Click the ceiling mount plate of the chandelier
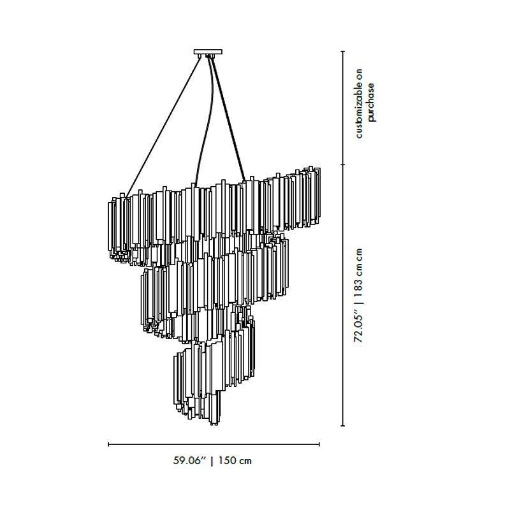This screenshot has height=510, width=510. [208, 52]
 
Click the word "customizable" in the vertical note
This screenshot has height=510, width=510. [359, 103]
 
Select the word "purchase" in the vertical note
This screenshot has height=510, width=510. [371, 102]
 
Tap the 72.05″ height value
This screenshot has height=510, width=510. [358, 328]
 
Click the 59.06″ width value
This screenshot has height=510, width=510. [190, 460]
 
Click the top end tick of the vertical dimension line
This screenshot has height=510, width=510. [342, 52]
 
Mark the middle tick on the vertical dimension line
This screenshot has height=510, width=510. [342, 164]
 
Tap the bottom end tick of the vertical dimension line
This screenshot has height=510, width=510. [342, 425]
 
